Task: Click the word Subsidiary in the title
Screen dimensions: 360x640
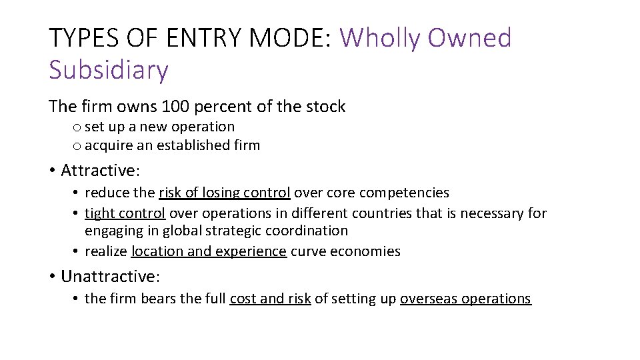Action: (109, 69)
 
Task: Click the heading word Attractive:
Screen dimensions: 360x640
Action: (100, 171)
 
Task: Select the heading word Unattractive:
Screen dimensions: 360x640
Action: (110, 276)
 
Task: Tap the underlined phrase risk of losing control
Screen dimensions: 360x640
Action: (225, 193)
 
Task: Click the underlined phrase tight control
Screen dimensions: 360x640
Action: (125, 213)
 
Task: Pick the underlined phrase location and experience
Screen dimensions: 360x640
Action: (209, 251)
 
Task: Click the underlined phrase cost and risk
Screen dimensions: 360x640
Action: (270, 299)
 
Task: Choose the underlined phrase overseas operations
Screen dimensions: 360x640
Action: (465, 299)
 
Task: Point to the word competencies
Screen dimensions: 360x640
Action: (405, 193)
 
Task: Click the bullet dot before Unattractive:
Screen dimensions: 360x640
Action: (53, 277)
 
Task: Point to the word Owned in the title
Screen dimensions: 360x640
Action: (469, 38)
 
